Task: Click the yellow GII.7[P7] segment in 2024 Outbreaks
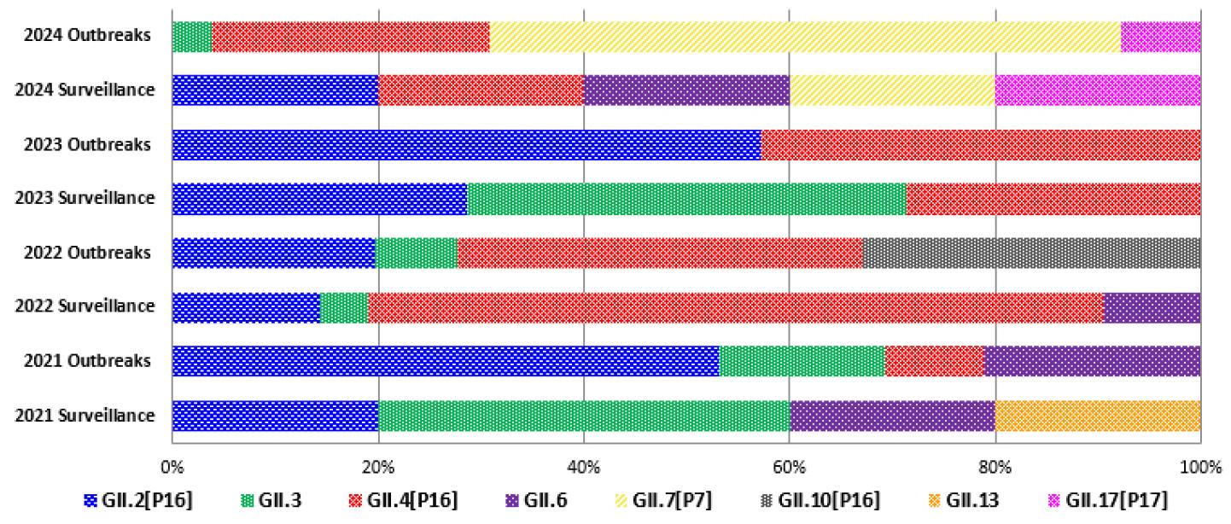pyautogui.click(x=804, y=37)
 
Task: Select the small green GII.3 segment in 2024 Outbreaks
pyautogui.click(x=192, y=37)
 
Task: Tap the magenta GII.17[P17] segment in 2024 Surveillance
pyautogui.click(x=1098, y=90)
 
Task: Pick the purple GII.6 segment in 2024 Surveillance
pyautogui.click(x=686, y=90)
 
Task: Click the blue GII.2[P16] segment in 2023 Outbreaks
pyautogui.click(x=466, y=145)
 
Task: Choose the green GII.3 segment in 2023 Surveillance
pyautogui.click(x=686, y=199)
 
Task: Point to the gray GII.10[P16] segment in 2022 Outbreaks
pyautogui.click(x=1031, y=253)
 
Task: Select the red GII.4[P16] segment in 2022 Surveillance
pyautogui.click(x=735, y=307)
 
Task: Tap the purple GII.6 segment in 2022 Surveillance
pyautogui.click(x=1152, y=307)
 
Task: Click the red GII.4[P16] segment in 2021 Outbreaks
pyautogui.click(x=934, y=362)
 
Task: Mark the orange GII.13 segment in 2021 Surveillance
pyautogui.click(x=1098, y=416)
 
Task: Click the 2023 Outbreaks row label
pyautogui.click(x=87, y=145)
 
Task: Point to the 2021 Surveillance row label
pyautogui.click(x=85, y=416)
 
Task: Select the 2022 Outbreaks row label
pyautogui.click(x=87, y=253)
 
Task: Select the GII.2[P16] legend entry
pyautogui.click(x=138, y=500)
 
